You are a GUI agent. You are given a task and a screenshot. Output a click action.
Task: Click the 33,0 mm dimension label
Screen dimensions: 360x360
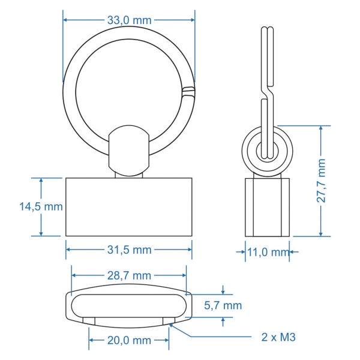[129, 20]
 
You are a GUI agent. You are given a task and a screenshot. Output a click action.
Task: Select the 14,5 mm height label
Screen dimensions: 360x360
[41, 206]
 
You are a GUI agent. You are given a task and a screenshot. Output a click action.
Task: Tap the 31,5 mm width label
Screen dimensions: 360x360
[129, 250]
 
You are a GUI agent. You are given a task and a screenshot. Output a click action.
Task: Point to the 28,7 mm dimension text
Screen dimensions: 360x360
[129, 275]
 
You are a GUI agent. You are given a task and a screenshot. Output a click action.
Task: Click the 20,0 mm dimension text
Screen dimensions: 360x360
[129, 340]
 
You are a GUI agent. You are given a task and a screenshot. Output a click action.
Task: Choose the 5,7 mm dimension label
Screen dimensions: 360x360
[223, 305]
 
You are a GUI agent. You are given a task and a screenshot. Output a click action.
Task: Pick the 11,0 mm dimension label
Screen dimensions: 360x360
[268, 252]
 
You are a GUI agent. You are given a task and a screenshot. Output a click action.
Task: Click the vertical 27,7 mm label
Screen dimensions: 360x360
[321, 181]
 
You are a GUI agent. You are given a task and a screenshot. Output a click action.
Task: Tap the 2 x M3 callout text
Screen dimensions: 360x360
[278, 337]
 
